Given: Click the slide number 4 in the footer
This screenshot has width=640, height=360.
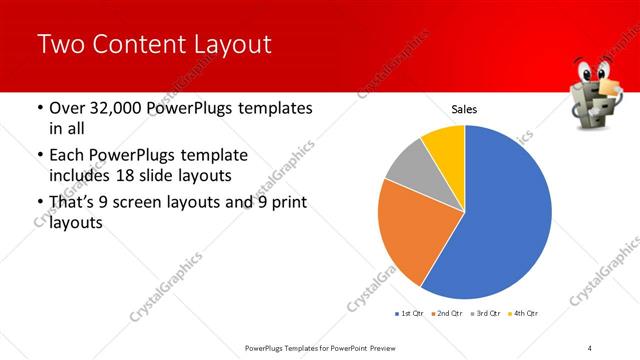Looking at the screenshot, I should click(x=590, y=348).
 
